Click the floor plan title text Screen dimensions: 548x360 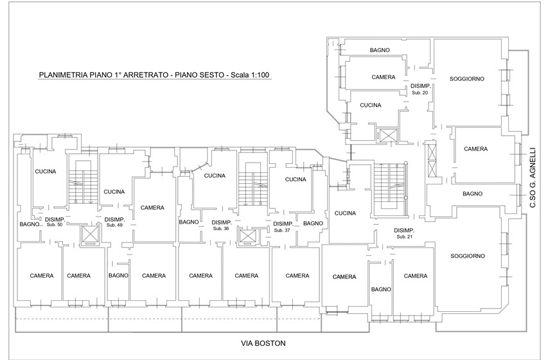tap(154, 75)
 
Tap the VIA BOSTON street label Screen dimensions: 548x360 tap(263, 343)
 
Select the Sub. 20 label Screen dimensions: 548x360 tap(420, 93)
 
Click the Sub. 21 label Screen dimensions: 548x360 tap(404, 237)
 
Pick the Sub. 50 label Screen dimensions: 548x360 tap(55, 224)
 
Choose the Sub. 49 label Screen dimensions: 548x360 tap(114, 225)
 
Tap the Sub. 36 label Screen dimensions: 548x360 tap(221, 228)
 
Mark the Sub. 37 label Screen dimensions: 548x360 tap(282, 230)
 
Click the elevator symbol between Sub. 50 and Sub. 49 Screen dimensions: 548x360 tap(91, 235)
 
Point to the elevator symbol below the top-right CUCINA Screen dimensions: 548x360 tap(388, 136)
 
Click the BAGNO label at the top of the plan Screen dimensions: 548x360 tap(380, 50)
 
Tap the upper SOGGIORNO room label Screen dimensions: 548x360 tap(467, 79)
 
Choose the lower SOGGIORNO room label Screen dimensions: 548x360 tap(468, 256)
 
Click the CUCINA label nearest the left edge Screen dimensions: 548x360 tap(46, 172)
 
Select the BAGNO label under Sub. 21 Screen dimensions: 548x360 tap(381, 290)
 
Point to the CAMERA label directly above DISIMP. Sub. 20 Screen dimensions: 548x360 tap(384, 77)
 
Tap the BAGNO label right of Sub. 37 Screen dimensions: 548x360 tap(313, 223)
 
